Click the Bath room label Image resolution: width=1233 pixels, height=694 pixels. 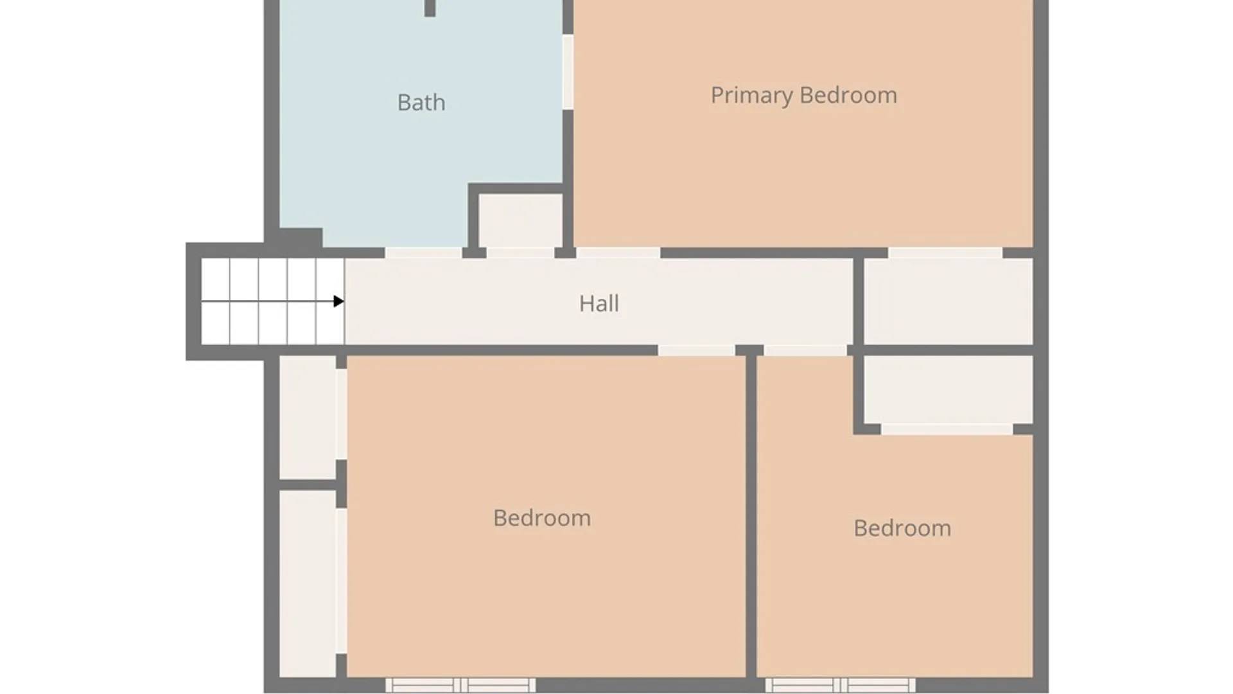[421, 102]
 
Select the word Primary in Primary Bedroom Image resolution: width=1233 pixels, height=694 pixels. [752, 96]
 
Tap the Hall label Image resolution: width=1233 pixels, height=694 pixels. [599, 303]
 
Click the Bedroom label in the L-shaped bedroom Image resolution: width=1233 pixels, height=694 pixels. [902, 528]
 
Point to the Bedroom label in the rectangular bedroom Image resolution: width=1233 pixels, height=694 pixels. [542, 518]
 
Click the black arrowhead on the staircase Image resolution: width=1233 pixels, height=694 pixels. [338, 301]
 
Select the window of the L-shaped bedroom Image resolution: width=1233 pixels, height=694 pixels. [840, 685]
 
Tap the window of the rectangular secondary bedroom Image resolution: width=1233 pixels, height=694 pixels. [460, 685]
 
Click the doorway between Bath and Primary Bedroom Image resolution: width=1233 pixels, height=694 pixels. [568, 72]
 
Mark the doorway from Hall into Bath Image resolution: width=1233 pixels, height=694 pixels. [423, 253]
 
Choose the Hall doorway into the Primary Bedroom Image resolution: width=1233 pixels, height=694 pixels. [618, 253]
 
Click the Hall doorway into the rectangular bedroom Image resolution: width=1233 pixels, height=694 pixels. [697, 350]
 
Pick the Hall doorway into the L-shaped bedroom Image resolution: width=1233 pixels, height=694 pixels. [805, 350]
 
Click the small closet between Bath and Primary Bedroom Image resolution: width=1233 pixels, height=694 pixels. [520, 220]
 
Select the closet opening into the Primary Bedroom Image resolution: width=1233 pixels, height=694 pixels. [949, 301]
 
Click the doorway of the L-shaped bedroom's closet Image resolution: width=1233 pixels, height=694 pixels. [947, 429]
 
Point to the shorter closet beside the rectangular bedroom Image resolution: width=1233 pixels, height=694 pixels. [308, 416]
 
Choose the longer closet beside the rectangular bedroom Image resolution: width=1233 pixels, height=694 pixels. [308, 583]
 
